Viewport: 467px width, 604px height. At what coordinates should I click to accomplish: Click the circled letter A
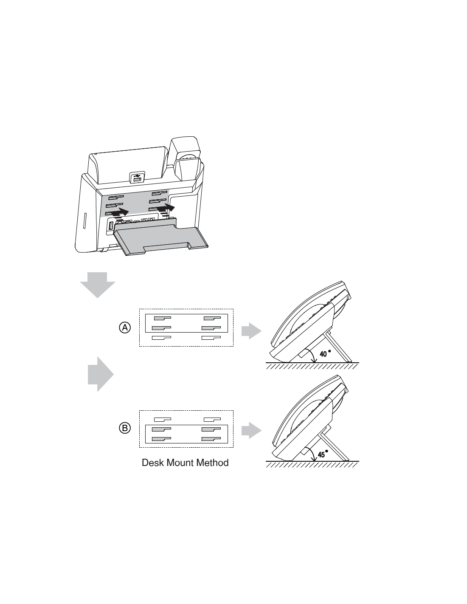coord(125,327)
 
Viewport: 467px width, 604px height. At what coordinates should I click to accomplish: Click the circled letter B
coord(125,428)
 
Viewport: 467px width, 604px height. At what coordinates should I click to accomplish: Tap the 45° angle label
coord(323,454)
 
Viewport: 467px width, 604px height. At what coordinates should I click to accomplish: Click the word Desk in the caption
coord(152,463)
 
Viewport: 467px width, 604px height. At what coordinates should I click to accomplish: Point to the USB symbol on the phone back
coord(137,176)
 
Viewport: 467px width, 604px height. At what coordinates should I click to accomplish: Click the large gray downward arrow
coord(98,285)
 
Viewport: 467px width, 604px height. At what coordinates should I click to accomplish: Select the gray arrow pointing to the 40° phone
coord(251,331)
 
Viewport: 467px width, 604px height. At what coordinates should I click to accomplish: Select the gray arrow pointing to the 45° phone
coord(251,431)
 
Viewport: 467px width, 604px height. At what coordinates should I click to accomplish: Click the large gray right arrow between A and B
coord(101,374)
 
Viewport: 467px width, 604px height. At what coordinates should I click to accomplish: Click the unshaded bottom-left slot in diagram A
coord(161,338)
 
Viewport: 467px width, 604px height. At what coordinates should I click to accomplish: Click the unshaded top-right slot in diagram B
coord(212,419)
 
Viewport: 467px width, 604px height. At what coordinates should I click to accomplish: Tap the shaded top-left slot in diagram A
coord(163,318)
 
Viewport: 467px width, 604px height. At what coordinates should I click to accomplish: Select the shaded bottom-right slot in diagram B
coord(211,439)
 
